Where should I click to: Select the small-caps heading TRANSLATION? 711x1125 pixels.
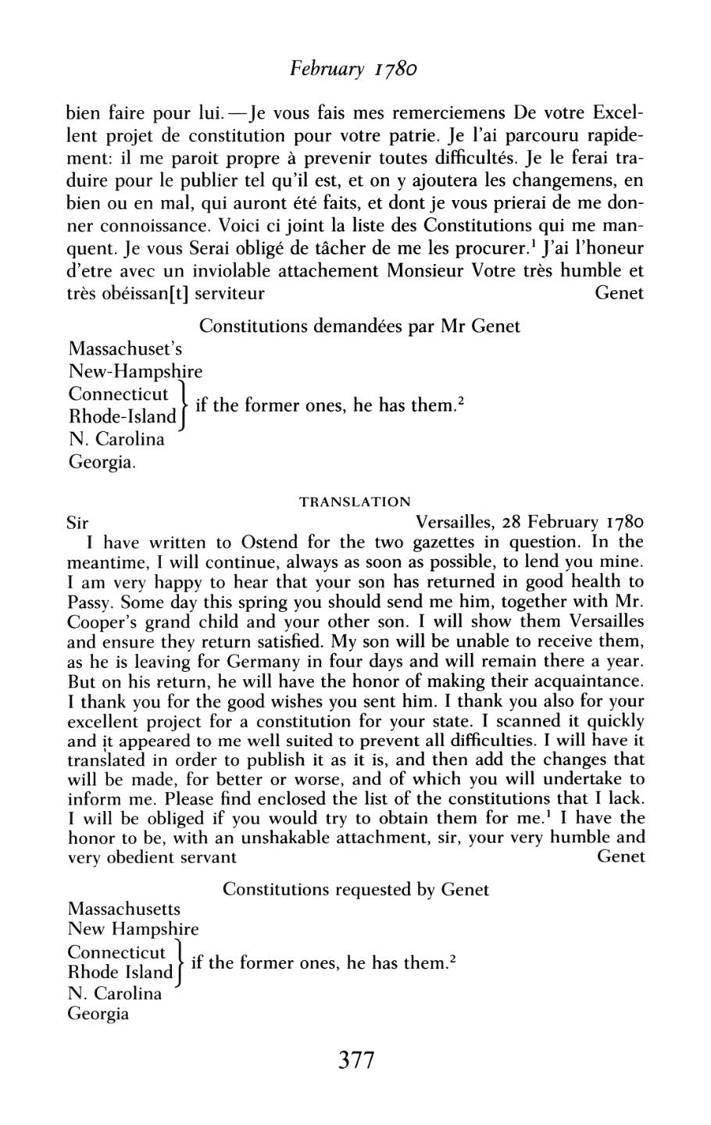[x=355, y=502]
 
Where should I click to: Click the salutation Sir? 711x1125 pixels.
[x=79, y=522]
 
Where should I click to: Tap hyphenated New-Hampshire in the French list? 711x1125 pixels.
[x=136, y=370]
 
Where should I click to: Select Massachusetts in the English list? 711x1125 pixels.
[x=124, y=909]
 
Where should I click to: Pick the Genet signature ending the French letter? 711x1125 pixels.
[x=620, y=294]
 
